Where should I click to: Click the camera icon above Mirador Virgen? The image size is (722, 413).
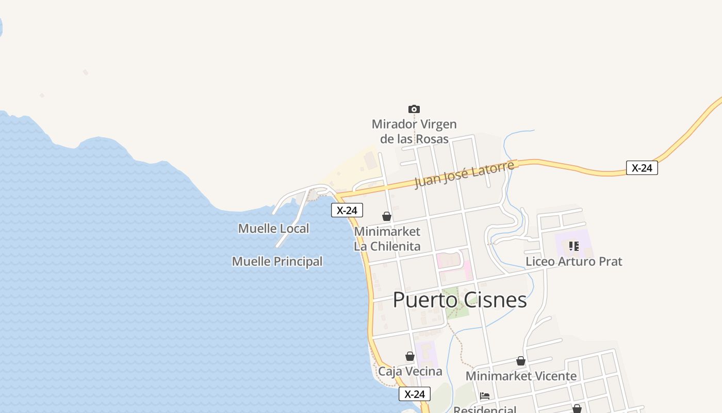pos(414,109)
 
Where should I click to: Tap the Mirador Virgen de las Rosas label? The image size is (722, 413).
pos(414,132)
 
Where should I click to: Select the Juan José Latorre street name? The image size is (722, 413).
pos(464,174)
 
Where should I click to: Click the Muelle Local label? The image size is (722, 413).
pos(273,228)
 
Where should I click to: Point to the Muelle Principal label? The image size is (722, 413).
pos(277,261)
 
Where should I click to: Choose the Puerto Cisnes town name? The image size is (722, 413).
pos(460,300)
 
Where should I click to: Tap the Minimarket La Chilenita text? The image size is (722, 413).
pos(387,239)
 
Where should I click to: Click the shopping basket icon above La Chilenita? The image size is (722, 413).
pos(387,216)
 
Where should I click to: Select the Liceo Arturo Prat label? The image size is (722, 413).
pos(573,261)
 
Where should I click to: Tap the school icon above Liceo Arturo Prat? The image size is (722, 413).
pos(574,246)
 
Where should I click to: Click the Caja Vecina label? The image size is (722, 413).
pos(410,371)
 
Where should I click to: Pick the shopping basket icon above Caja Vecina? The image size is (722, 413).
pos(410,356)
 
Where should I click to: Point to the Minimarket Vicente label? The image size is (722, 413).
pos(521,376)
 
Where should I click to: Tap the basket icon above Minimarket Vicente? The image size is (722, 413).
pos(521,361)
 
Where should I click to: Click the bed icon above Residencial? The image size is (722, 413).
pos(485,396)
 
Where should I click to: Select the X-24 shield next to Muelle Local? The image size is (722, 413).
pos(347,210)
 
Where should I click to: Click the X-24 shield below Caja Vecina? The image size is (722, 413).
pos(415,394)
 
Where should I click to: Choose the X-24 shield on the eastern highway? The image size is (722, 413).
pos(642,168)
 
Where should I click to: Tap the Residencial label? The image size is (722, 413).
pos(485,409)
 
